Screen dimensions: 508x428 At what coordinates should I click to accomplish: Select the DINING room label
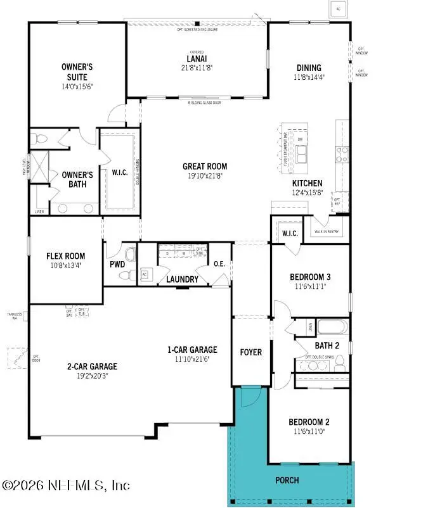[309, 68]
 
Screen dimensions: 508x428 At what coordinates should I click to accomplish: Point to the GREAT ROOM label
[205, 167]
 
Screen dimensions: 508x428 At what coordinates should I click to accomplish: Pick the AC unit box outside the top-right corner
[337, 8]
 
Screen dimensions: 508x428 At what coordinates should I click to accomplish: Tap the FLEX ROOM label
[65, 257]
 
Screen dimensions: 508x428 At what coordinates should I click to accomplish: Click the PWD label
[117, 264]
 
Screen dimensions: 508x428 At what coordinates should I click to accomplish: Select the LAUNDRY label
[183, 279]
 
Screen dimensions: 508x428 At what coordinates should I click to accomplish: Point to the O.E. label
[220, 264]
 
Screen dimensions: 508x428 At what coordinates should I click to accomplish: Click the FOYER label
[251, 352]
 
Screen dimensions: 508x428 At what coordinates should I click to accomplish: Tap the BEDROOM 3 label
[310, 277]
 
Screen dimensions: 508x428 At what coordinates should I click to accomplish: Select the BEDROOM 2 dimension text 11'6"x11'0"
[309, 432]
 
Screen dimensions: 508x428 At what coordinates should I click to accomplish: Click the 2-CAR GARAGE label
[92, 365]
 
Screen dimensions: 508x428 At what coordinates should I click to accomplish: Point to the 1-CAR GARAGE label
[191, 350]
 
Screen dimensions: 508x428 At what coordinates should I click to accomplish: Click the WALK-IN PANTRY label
[327, 232]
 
